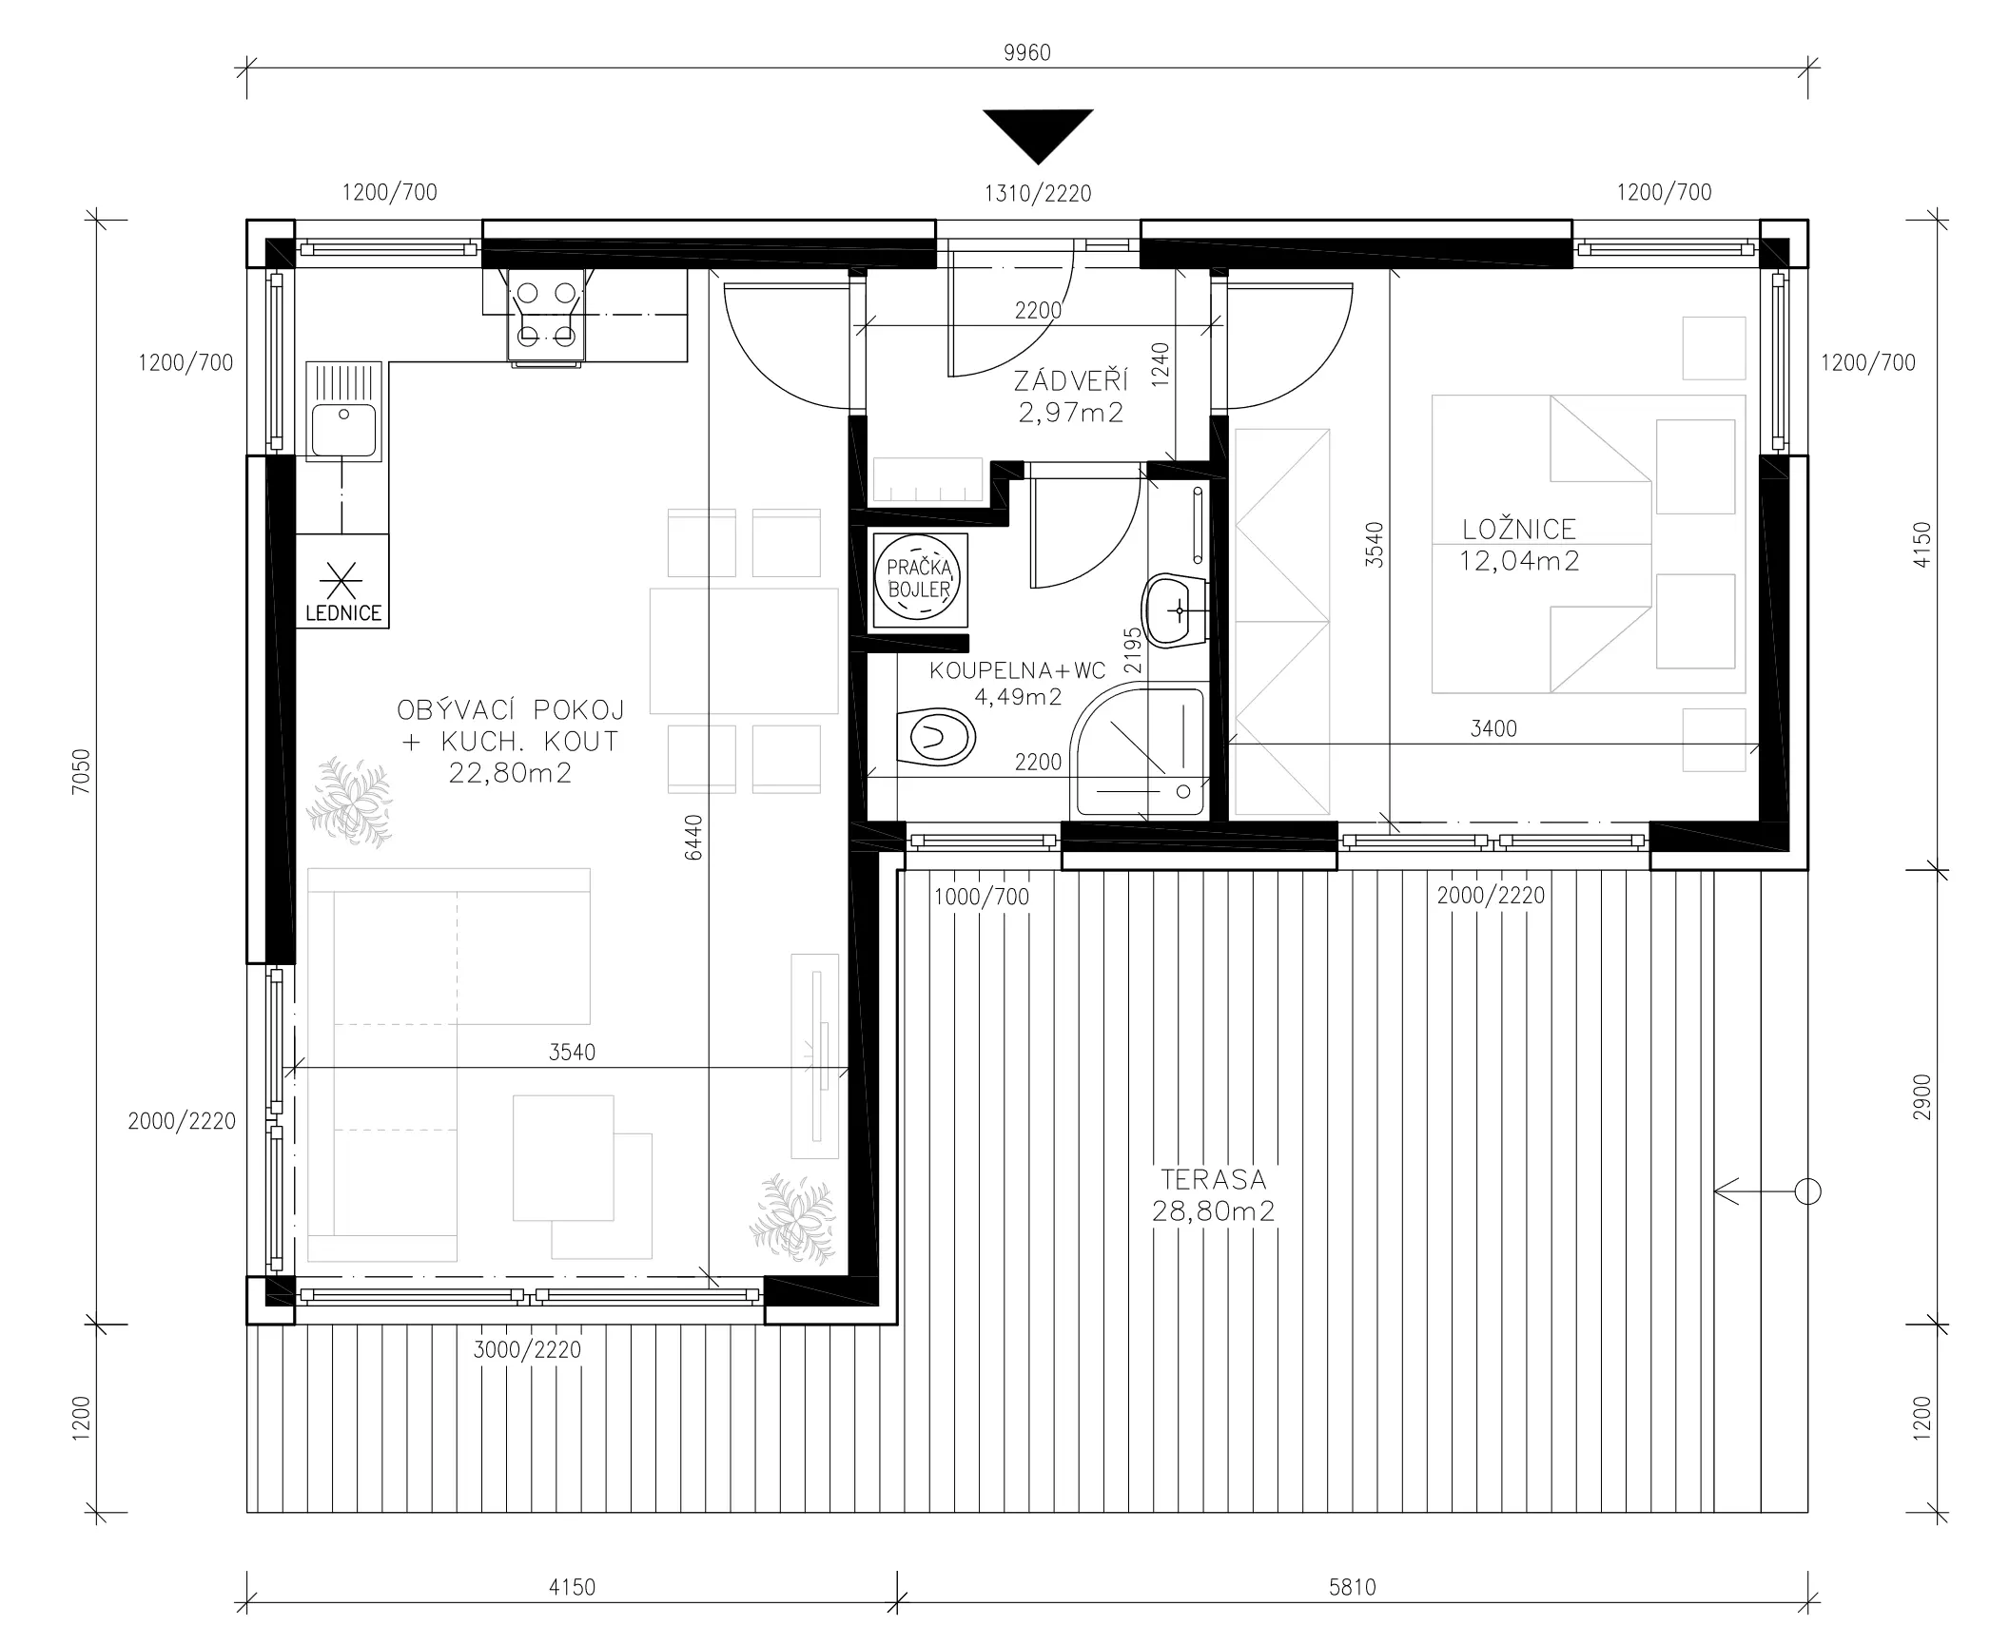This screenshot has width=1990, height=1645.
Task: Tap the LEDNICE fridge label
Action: pos(343,613)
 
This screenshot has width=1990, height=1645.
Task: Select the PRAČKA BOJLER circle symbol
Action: pos(919,577)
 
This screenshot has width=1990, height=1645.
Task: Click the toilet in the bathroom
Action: pos(936,737)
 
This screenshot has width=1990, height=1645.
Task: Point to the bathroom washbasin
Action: pos(1175,610)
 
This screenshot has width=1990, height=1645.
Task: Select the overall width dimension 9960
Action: pos(1027,52)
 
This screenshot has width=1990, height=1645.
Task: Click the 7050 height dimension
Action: pos(81,771)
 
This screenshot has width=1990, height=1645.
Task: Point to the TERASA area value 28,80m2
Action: pos(1213,1211)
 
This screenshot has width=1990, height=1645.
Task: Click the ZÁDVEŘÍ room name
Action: pos(1071,381)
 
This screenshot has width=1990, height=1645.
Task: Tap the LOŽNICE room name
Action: pos(1519,529)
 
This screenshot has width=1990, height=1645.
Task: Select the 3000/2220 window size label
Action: pos(527,1349)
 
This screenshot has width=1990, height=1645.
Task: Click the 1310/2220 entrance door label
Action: pos(1038,194)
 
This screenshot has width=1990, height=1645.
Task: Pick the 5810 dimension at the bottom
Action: pos(1352,1587)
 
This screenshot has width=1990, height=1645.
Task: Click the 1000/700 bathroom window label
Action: pos(982,896)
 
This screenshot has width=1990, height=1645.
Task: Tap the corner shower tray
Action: pos(1140,752)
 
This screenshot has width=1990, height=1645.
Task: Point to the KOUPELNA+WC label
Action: pos(1017,670)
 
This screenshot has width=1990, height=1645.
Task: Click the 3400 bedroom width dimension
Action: pos(1493,728)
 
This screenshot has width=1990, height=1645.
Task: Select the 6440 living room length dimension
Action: pos(693,838)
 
